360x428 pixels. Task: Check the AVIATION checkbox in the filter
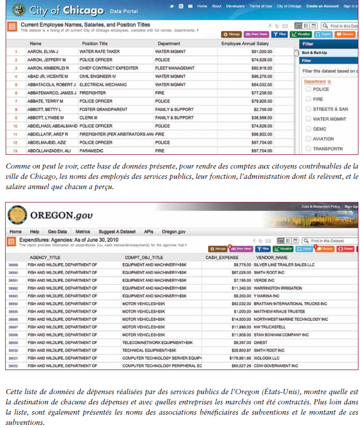point(308,139)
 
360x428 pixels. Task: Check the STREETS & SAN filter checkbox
point(308,109)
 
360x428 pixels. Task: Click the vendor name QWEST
point(261,342)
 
